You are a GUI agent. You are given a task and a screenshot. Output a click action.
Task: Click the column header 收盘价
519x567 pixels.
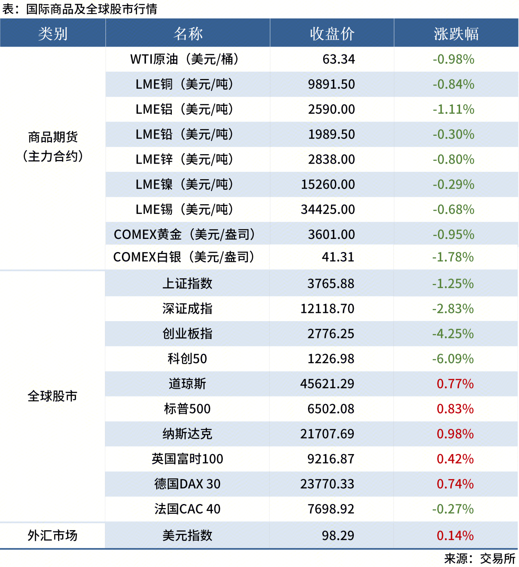click(x=332, y=34)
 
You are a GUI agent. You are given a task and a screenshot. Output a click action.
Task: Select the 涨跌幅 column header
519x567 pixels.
click(x=456, y=34)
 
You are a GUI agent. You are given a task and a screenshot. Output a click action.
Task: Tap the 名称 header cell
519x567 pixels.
click(x=188, y=34)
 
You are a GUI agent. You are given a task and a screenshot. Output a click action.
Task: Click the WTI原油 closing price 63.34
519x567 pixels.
click(x=339, y=59)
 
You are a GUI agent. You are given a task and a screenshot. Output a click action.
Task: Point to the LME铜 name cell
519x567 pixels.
click(x=185, y=84)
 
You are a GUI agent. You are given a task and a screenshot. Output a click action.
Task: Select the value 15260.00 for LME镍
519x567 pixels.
click(x=328, y=184)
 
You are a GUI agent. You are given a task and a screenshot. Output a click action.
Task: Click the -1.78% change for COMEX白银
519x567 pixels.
click(x=453, y=257)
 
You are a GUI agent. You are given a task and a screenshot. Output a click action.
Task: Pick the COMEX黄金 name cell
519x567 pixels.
click(x=185, y=234)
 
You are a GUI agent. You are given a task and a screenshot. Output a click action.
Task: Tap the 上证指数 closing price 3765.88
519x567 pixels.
click(x=331, y=283)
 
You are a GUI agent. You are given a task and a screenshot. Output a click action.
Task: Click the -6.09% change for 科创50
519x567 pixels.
click(x=453, y=359)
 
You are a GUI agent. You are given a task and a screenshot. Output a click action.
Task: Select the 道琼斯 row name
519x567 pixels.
click(x=187, y=384)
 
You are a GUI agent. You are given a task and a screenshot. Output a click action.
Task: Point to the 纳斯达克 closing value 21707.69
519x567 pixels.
click(x=327, y=434)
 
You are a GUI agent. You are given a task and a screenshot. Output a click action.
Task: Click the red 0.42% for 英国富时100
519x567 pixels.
click(x=455, y=459)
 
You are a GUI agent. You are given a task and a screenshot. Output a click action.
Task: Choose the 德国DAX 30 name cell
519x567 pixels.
click(x=187, y=484)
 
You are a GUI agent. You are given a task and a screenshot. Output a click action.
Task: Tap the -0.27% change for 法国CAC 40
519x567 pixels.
click(x=453, y=509)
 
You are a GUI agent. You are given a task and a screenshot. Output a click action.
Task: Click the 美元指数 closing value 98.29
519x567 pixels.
click(x=338, y=535)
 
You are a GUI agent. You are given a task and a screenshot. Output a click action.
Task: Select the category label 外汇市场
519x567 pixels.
click(x=52, y=535)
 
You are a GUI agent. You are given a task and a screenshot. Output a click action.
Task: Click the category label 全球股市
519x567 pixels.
click(x=52, y=396)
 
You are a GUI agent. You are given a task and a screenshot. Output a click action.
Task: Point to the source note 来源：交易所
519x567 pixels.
click(x=479, y=558)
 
